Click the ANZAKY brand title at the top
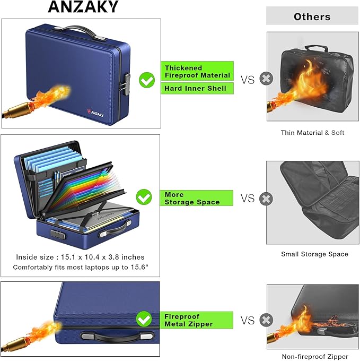[x=83, y=7]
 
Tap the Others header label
[x=312, y=16]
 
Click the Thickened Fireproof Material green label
[x=197, y=71]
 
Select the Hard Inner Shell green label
[x=197, y=89]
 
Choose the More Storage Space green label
[x=196, y=198]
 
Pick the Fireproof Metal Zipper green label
[x=196, y=320]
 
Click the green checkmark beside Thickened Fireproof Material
[x=147, y=80]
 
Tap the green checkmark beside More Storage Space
[x=144, y=197]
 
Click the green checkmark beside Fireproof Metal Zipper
[x=144, y=319]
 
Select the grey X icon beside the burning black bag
[x=266, y=79]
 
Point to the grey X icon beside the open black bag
[x=266, y=199]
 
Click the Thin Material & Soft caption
[x=312, y=133]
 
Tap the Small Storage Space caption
[x=314, y=254]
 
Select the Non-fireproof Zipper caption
[x=315, y=357]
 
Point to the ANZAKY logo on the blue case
[x=95, y=113]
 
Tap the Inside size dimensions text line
[x=80, y=257]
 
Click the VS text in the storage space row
[x=248, y=198]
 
